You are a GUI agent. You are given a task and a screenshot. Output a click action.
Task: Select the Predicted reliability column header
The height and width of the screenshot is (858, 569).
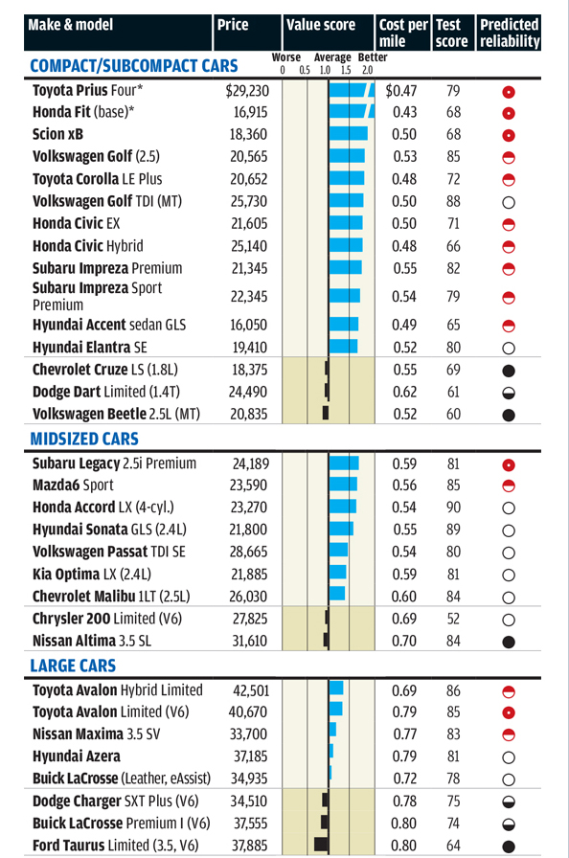(x=509, y=33)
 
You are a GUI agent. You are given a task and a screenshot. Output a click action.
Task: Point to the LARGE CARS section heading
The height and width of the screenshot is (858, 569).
(x=75, y=666)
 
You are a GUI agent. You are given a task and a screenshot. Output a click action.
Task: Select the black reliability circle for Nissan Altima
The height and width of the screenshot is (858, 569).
(x=509, y=640)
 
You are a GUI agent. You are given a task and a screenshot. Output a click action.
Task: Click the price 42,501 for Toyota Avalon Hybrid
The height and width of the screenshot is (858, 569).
(x=251, y=690)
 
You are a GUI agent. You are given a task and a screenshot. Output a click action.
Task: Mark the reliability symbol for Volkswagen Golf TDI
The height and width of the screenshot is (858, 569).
(x=509, y=201)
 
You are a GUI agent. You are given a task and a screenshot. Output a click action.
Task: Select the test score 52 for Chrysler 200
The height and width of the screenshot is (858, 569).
(x=454, y=618)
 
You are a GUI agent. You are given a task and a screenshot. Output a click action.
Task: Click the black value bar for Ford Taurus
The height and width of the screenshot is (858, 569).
(x=322, y=845)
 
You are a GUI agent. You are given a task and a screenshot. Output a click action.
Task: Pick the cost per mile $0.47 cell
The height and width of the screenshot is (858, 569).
(x=401, y=92)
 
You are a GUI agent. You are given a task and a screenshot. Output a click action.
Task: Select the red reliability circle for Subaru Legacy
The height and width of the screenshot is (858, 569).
(x=509, y=464)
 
